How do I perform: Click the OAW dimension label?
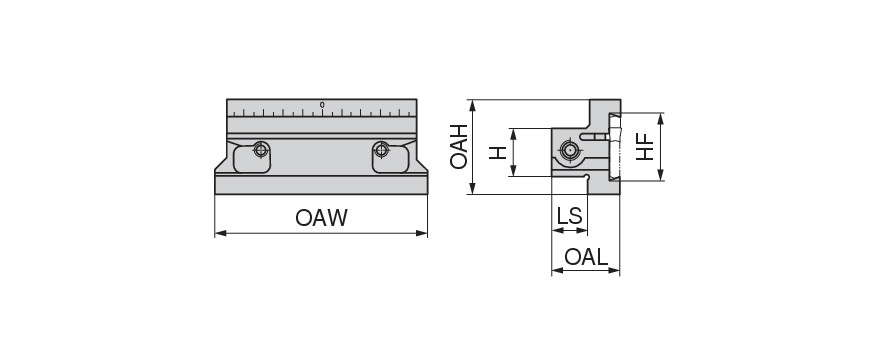point(321,218)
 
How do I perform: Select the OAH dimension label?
point(459,147)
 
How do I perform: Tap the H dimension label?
point(498,152)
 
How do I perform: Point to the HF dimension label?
point(645,147)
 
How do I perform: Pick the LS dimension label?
point(569,216)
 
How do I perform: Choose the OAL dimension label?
point(586,257)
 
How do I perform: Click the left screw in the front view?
point(261,150)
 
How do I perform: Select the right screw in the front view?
point(382,150)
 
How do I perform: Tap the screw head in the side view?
point(569,151)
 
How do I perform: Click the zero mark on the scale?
point(322,105)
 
